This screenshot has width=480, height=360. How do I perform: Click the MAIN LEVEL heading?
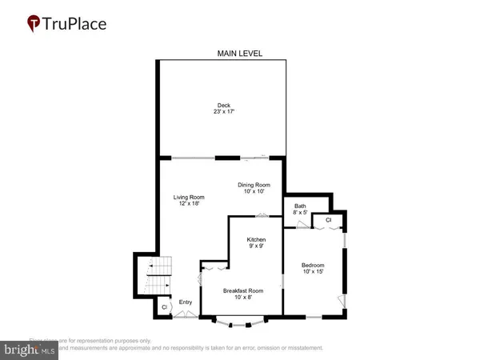click(x=240, y=54)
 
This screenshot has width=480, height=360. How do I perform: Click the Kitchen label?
click(x=256, y=240)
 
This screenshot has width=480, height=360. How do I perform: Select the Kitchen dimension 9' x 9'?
click(x=256, y=248)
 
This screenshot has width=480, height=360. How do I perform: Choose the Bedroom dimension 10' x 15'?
click(x=313, y=273)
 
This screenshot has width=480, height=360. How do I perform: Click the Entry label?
click(x=186, y=302)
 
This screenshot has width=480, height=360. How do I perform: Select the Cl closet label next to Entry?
click(x=164, y=306)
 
